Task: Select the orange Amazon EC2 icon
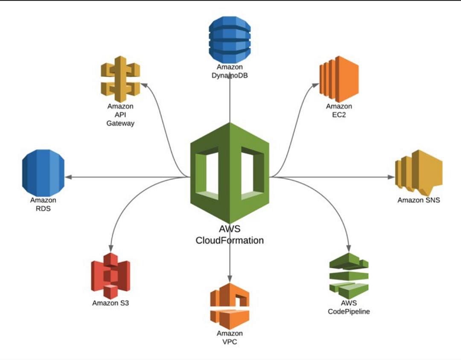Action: [x=339, y=79]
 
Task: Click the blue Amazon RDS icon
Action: [x=43, y=173]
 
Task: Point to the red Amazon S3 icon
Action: [x=110, y=276]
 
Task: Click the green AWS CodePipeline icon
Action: [x=349, y=276]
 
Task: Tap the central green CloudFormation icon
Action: [x=230, y=173]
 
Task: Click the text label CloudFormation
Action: [x=230, y=241]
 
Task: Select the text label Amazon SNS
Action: [x=418, y=200]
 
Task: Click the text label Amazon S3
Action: [x=110, y=303]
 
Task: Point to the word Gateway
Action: [x=120, y=123]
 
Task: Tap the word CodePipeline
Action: [x=349, y=311]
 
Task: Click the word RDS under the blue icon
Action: [x=43, y=209]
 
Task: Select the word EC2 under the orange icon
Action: [x=339, y=115]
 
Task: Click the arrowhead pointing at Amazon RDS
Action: [x=68, y=177]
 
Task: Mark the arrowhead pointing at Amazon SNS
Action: [x=391, y=177]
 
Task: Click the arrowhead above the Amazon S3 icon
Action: [x=111, y=248]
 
